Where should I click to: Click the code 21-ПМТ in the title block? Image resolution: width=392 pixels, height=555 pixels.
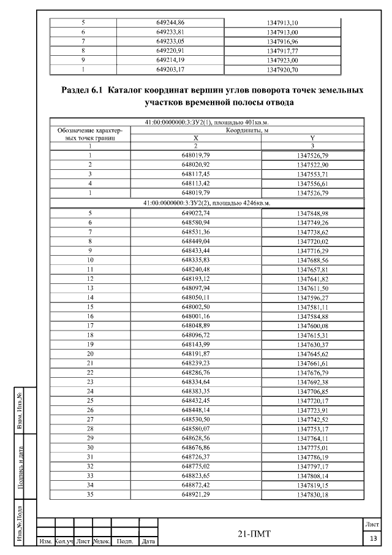[x=255, y=534]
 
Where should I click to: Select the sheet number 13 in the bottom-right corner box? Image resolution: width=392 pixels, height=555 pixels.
[x=373, y=538]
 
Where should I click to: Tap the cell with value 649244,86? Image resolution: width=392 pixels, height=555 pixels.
[x=170, y=23]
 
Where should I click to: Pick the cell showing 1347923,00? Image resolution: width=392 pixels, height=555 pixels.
[x=283, y=61]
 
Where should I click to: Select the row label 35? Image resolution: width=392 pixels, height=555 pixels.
[x=90, y=494]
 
